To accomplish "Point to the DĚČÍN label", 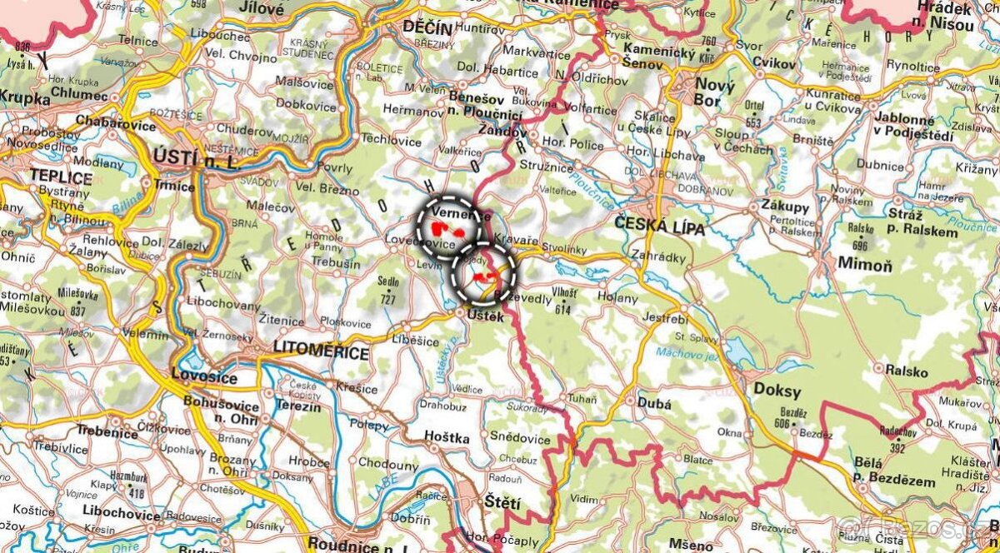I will (x=427, y=27).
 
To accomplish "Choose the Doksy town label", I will (x=777, y=391).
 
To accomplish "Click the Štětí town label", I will (x=502, y=502).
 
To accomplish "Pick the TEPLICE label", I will (x=60, y=176).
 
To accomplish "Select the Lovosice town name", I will (x=203, y=377).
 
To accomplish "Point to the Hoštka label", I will (x=447, y=437).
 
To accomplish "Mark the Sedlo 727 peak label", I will (x=387, y=287).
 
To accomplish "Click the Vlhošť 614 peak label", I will (x=564, y=299).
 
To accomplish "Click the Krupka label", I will (x=24, y=97).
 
